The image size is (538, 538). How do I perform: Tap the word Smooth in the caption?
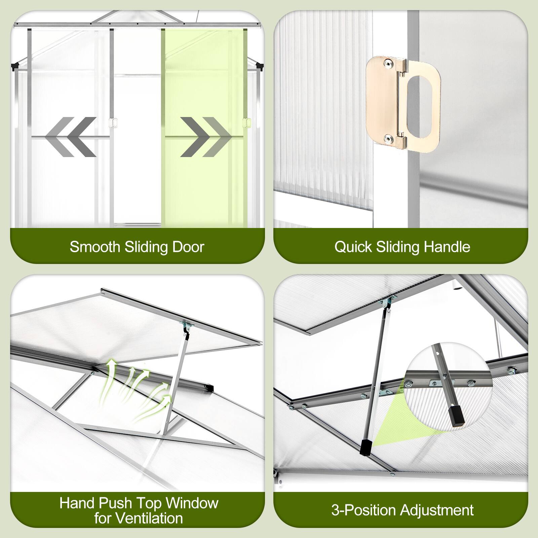(x=95, y=247)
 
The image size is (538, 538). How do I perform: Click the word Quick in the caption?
(x=353, y=247)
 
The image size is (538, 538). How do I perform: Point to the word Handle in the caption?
(x=447, y=247)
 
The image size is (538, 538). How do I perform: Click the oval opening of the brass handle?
(x=419, y=104)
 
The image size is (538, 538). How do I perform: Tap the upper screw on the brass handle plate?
(x=389, y=63)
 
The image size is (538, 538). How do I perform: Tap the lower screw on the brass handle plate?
(x=389, y=138)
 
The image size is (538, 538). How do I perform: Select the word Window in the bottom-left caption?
(x=192, y=503)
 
